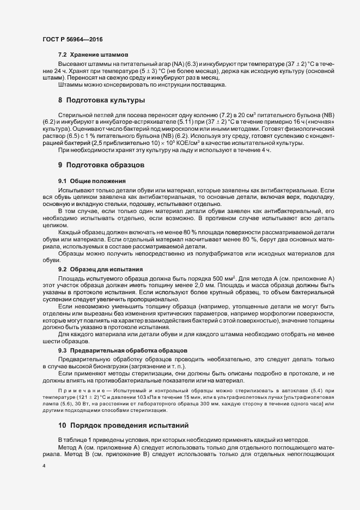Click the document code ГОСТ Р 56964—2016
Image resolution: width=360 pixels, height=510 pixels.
(72, 40)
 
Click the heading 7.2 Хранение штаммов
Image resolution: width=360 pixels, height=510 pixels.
(93, 55)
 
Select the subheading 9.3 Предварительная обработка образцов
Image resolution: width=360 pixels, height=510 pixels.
(123, 349)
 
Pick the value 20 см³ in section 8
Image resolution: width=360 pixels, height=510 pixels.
(251, 117)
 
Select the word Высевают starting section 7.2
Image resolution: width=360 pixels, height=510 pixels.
(72, 65)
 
